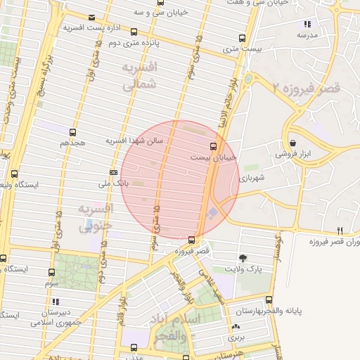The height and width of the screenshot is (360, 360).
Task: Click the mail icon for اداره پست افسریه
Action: coord(91,18)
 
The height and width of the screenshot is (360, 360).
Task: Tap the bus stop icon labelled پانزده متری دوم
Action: coord(134,32)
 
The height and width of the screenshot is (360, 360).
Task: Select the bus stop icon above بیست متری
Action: coord(242,38)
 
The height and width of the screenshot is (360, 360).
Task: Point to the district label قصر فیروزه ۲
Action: coord(305,88)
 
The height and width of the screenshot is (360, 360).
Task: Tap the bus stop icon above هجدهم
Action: coord(72,131)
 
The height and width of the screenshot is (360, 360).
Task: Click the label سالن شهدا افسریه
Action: coord(134,141)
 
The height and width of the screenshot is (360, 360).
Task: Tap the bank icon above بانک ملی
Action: coord(113,172)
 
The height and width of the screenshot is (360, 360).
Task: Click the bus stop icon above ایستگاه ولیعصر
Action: coord(15,174)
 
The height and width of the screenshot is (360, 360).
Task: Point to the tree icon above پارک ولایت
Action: coord(243,258)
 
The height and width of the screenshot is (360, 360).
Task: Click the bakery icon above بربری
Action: coord(235,327)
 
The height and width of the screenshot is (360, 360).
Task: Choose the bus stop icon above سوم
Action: coord(51,272)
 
